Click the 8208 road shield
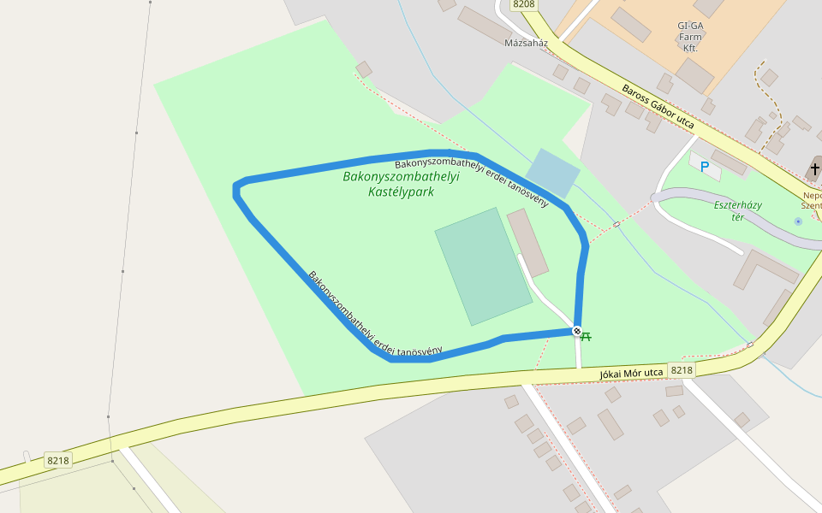click(x=523, y=4)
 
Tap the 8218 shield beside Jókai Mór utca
click(x=682, y=370)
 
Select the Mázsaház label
click(x=526, y=43)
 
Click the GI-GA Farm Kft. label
click(x=689, y=37)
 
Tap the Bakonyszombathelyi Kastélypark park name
click(x=401, y=184)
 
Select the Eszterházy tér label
click(x=737, y=210)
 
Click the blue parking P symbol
click(x=705, y=167)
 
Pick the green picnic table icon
click(x=587, y=337)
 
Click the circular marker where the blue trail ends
click(x=577, y=331)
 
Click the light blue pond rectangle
click(x=552, y=174)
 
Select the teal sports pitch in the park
click(x=483, y=266)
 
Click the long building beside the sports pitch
click(x=527, y=243)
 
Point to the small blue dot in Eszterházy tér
click(x=798, y=221)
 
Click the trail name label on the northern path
click(x=471, y=182)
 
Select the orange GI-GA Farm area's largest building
click(x=694, y=75)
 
